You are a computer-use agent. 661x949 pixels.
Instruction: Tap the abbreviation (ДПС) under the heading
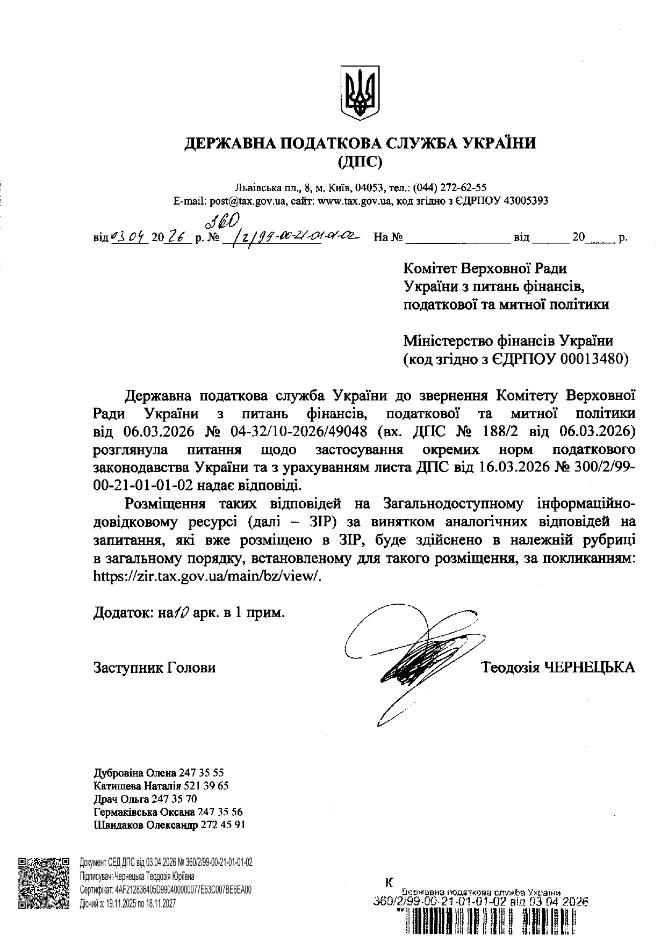(360, 161)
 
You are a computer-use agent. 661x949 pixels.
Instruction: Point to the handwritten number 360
(221, 220)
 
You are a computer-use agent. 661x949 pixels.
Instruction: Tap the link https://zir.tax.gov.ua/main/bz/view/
(207, 575)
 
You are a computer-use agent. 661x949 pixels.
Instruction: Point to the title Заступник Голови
(154, 668)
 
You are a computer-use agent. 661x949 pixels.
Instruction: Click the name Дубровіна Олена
(135, 773)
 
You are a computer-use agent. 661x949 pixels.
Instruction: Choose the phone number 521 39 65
(206, 786)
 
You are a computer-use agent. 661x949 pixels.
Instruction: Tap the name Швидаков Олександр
(146, 824)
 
